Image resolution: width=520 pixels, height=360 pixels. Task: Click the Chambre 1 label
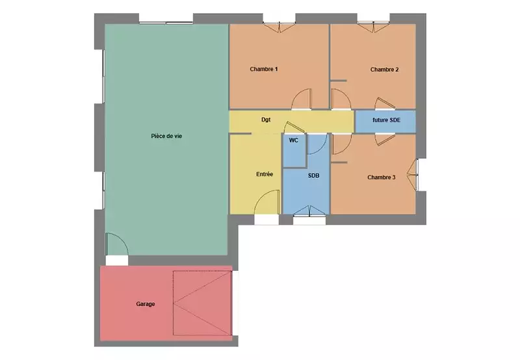tap(264, 69)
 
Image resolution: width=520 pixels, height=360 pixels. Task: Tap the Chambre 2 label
tap(384, 70)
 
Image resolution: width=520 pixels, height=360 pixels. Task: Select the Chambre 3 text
tap(382, 177)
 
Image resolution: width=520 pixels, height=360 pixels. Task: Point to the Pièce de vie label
tap(166, 136)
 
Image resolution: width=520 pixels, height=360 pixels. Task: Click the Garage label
tap(145, 304)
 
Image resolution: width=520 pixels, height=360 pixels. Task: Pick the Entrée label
tap(265, 174)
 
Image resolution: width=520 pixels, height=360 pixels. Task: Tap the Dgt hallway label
tap(266, 120)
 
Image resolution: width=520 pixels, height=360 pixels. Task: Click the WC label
tap(294, 140)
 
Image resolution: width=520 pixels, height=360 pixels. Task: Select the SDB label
tap(313, 175)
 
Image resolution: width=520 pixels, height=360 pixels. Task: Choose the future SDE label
tap(386, 120)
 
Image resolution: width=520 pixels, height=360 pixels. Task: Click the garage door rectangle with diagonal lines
tap(202, 303)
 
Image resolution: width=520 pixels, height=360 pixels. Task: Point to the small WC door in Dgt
tap(294, 127)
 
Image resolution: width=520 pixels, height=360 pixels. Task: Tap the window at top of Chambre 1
tap(279, 27)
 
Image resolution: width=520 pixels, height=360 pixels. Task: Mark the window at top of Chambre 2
tap(373, 27)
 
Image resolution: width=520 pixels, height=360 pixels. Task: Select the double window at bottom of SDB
tap(309, 211)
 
